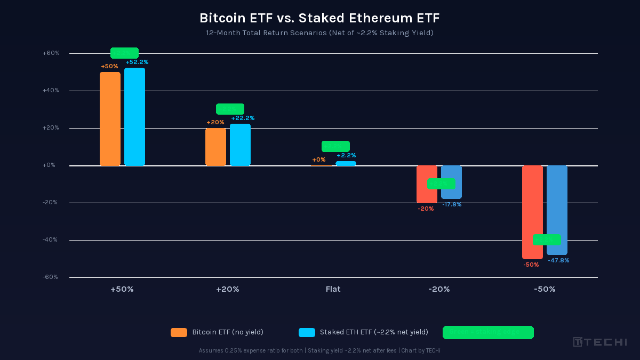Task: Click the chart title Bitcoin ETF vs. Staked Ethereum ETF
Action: coord(319,18)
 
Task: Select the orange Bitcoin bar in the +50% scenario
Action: coord(110,119)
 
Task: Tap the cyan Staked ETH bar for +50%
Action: coord(134,117)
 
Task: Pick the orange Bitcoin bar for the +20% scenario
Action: coord(215,147)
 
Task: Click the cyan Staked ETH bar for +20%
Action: coord(240,145)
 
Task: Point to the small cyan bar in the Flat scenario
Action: coord(346,163)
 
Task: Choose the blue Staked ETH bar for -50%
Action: coord(557,210)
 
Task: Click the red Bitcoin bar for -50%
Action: coord(532,212)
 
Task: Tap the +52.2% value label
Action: coord(137,62)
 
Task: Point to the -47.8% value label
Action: coord(558,260)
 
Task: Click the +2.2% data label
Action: coord(346,155)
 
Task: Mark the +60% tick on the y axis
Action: coord(51,53)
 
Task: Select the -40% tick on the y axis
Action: coord(51,240)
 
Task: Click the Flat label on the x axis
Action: coord(333,289)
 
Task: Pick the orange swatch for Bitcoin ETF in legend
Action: coord(179,332)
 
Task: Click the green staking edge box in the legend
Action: coord(488,332)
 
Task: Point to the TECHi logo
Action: coord(600,342)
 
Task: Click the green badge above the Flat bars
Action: coord(335,146)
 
